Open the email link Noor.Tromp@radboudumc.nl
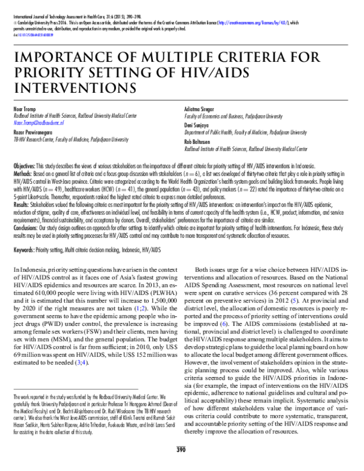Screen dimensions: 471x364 (x=43, y=122)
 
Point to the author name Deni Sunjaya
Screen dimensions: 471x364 (x=198, y=124)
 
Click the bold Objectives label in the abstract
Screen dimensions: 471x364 (x=24, y=166)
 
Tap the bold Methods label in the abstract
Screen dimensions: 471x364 (x=22, y=172)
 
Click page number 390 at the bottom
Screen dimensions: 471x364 (x=180, y=466)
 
